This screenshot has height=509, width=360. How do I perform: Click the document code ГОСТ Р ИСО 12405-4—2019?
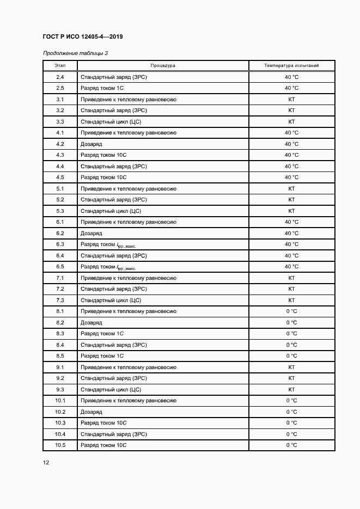(82, 37)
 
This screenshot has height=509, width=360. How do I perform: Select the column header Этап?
(60, 65)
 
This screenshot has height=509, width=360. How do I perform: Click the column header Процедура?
(163, 65)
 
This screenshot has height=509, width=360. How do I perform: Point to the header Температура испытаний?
(291, 65)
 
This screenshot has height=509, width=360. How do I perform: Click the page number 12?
(46, 462)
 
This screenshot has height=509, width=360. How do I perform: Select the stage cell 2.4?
(60, 77)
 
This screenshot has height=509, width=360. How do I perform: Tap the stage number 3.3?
(60, 121)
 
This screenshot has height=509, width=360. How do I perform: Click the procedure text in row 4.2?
(91, 144)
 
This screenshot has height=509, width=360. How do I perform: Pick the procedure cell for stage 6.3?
(108, 244)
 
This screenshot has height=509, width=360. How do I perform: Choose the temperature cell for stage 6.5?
(291, 267)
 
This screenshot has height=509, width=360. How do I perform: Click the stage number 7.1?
(60, 278)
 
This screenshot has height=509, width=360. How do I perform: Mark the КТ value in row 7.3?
(291, 300)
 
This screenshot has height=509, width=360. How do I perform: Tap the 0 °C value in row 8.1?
(291, 311)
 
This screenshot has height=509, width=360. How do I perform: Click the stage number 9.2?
(60, 378)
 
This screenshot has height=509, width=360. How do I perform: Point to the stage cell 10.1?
(60, 401)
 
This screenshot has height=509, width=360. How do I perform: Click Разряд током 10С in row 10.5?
(103, 445)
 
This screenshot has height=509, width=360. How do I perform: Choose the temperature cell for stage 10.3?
(291, 423)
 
